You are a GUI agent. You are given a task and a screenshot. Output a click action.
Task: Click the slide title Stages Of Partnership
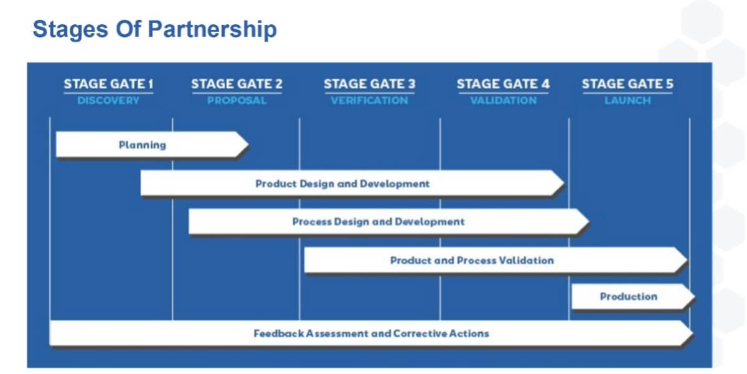[154, 29]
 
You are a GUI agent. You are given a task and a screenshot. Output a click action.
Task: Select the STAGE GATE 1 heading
[108, 84]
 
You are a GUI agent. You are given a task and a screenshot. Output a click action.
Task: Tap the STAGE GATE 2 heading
[237, 84]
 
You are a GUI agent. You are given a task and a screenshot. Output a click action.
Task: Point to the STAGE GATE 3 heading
[369, 84]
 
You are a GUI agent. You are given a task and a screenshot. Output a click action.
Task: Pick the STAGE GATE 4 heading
[503, 84]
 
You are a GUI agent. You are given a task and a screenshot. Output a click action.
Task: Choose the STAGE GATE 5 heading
[627, 84]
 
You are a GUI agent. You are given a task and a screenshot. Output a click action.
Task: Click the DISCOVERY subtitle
[108, 100]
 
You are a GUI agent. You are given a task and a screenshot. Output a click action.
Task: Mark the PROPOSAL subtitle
[237, 100]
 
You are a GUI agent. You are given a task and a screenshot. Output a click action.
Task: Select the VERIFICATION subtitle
[369, 100]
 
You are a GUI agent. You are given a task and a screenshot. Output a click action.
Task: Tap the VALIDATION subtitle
[503, 100]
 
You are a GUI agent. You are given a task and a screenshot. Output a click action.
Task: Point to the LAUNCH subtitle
[627, 100]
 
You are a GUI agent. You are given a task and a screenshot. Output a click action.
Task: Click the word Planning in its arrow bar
[143, 145]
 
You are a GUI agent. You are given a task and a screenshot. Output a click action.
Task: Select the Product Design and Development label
[342, 184]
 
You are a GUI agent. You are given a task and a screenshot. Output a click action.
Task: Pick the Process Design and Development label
[378, 221]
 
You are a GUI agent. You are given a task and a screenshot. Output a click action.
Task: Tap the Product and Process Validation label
[472, 260]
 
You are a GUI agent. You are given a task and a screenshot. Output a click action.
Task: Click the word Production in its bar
[628, 297]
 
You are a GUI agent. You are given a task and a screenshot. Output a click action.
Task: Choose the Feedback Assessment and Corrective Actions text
[371, 333]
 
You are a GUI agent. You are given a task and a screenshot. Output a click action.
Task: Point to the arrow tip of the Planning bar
[247, 145]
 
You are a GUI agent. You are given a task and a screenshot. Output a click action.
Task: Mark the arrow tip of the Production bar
[692, 297]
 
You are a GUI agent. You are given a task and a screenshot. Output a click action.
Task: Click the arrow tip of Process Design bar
[587, 221]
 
